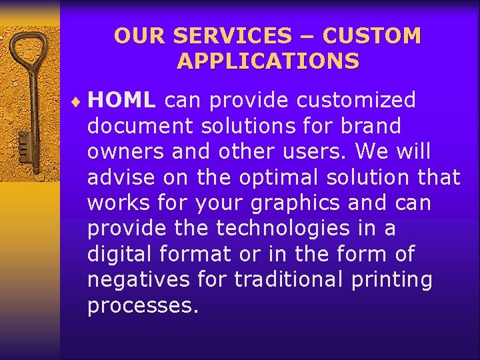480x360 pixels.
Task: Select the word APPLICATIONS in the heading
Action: (268, 61)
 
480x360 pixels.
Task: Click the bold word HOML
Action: (122, 101)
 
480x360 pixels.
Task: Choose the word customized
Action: (356, 101)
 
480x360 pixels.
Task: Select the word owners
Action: (125, 152)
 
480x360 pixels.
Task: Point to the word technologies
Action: (281, 229)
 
